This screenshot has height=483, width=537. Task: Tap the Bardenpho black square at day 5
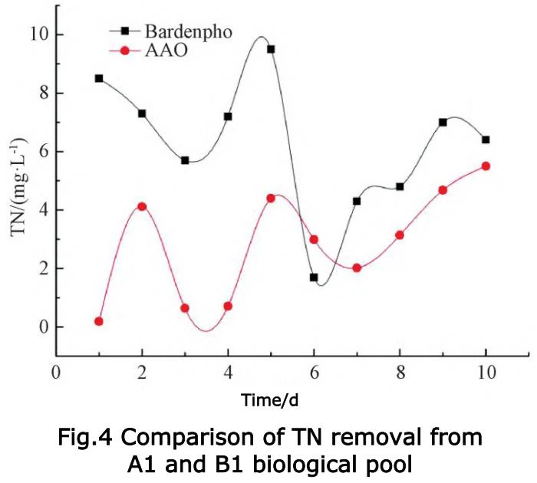coord(271,49)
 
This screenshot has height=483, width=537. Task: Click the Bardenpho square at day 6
coord(314,278)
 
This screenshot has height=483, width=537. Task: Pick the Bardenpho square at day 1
coord(99,78)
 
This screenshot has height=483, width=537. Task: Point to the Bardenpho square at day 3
coord(185,160)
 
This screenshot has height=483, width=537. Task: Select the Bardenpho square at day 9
coord(443,123)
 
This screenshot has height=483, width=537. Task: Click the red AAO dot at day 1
coord(99,321)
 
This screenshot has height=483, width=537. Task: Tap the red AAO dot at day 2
coord(142,206)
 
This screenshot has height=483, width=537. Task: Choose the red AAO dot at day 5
coord(271,198)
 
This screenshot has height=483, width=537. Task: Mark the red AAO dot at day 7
coord(357,268)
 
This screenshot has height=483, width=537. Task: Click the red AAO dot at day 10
coord(486,166)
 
